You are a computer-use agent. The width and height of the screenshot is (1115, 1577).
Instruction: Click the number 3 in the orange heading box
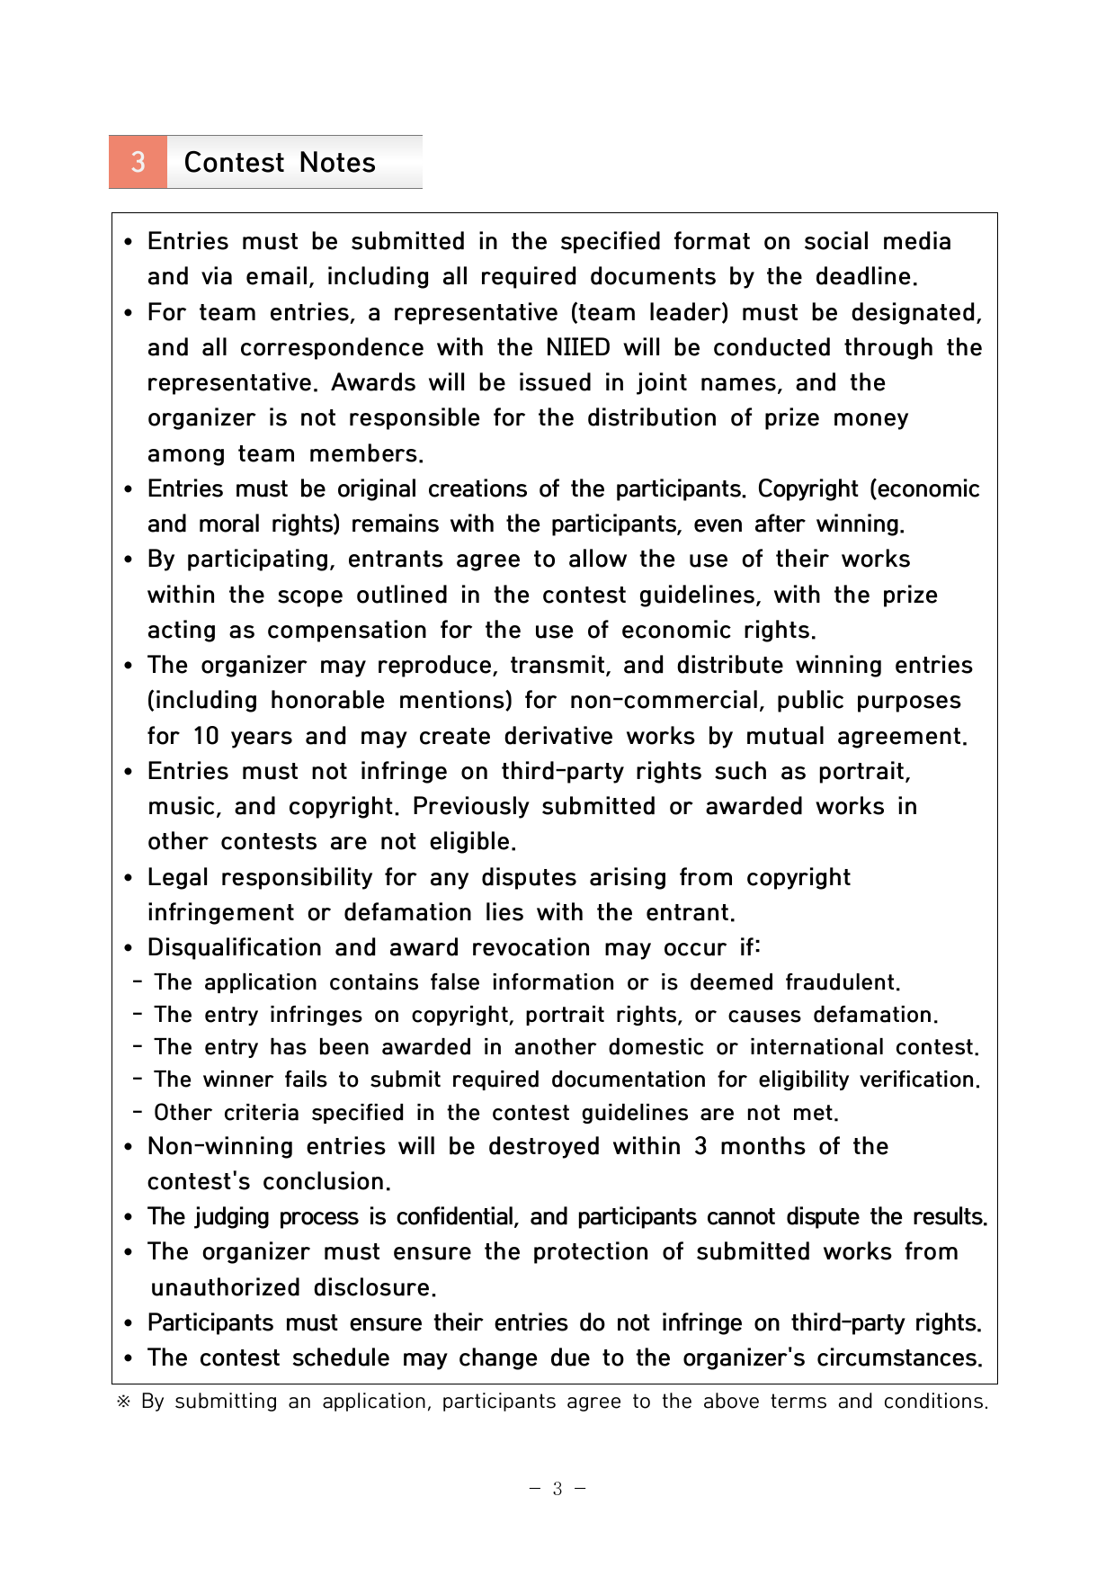pos(138,162)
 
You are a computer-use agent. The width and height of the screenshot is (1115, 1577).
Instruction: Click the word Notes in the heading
pos(337,163)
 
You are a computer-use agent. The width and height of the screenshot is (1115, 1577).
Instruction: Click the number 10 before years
pos(206,737)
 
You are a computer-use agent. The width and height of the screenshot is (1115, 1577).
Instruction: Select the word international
pos(816,1048)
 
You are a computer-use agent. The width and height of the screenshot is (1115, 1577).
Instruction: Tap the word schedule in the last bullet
pos(341,1358)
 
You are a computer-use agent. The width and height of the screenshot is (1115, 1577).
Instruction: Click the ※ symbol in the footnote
pos(124,1402)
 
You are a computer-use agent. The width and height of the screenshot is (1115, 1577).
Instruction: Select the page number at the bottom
pos(557,1489)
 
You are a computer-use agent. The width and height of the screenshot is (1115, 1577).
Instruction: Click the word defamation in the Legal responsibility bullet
pos(407,913)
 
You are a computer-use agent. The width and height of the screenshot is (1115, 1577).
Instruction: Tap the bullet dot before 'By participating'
pos(129,560)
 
